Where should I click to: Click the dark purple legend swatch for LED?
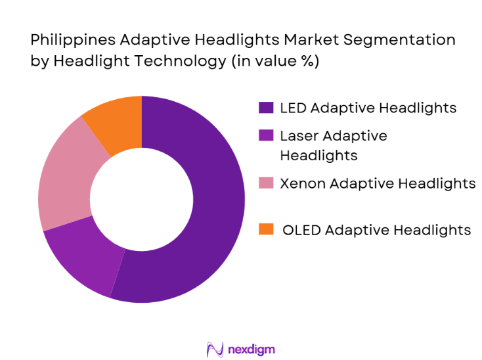[266, 108]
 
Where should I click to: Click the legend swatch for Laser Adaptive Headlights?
[266, 136]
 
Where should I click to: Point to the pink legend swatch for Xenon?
[266, 183]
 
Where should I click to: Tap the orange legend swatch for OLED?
[266, 229]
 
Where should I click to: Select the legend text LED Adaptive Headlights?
[368, 108]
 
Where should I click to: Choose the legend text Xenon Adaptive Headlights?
[378, 183]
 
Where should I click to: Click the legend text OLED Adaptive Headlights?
[376, 229]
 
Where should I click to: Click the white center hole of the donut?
[141, 199]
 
